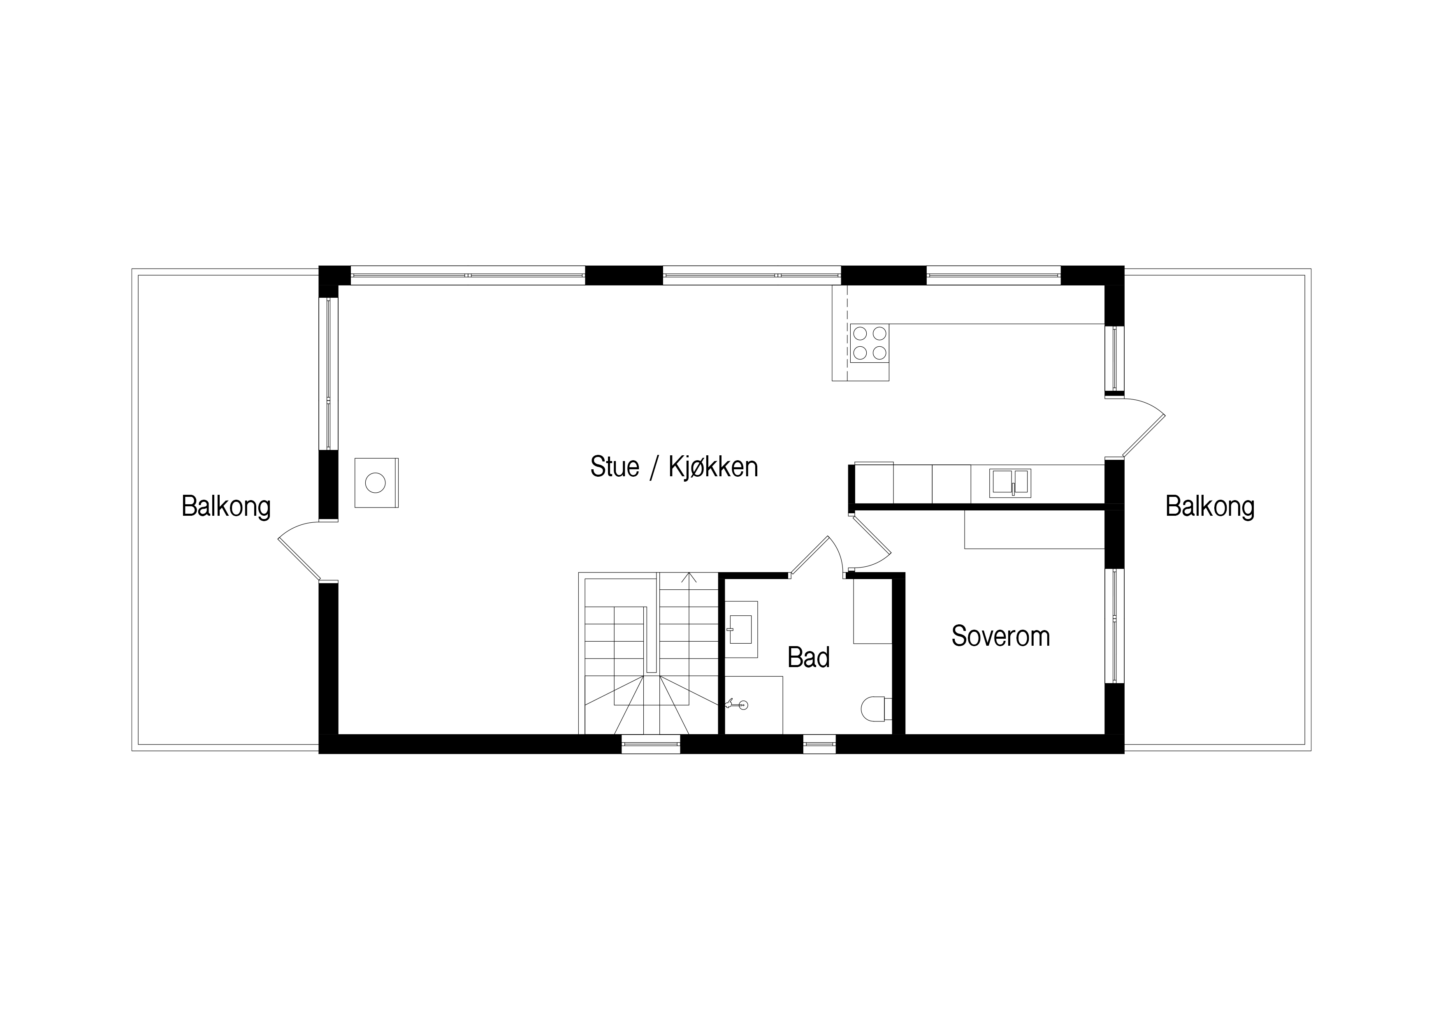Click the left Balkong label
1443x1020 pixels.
pyautogui.click(x=226, y=507)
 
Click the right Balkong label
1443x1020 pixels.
pyautogui.click(x=1210, y=507)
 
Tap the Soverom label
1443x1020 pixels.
pyautogui.click(x=1000, y=636)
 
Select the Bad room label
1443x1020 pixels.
pyautogui.click(x=809, y=657)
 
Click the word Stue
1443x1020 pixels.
pyautogui.click(x=615, y=467)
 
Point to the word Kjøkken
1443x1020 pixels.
pyautogui.click(x=713, y=467)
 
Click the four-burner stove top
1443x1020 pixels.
pyautogui.click(x=870, y=343)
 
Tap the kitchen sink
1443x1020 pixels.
pyautogui.click(x=1010, y=483)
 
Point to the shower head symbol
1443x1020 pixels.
pyautogui.click(x=737, y=705)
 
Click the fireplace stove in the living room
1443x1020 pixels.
pyautogui.click(x=376, y=483)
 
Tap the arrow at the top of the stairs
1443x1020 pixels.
pyautogui.click(x=689, y=577)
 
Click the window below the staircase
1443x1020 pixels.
pyautogui.click(x=650, y=744)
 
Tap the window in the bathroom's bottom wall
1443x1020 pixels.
pyautogui.click(x=819, y=744)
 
